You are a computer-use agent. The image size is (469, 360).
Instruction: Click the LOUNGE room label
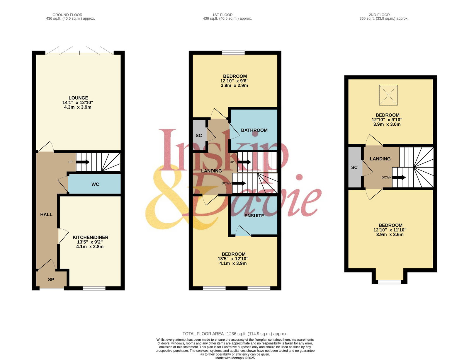pyautogui.click(x=78, y=98)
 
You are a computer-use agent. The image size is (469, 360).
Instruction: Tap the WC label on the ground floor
pyautogui.click(x=95, y=184)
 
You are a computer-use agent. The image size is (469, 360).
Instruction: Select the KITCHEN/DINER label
pyautogui.click(x=91, y=237)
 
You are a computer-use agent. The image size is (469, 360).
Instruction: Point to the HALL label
pyautogui.click(x=46, y=214)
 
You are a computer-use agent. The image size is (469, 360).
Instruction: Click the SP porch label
pyautogui.click(x=51, y=279)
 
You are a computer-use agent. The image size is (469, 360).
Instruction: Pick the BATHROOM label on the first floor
pyautogui.click(x=254, y=130)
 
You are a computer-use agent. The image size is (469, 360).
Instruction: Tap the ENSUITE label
pyautogui.click(x=254, y=216)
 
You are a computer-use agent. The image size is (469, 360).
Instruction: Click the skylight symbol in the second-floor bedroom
pyautogui.click(x=388, y=95)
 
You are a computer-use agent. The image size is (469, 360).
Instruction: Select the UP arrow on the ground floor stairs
pyautogui.click(x=83, y=162)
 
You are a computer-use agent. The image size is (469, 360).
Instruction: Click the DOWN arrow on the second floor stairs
pyautogui.click(x=399, y=178)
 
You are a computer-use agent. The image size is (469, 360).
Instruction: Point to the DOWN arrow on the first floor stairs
pyautogui.click(x=239, y=183)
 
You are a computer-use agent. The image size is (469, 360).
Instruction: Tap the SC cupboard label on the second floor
pyautogui.click(x=354, y=167)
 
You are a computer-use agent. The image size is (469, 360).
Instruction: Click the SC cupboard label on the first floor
pyautogui.click(x=198, y=135)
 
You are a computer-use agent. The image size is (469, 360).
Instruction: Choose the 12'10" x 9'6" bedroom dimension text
pyautogui.click(x=235, y=81)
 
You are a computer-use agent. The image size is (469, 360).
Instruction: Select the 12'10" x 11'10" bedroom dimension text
pyautogui.click(x=390, y=230)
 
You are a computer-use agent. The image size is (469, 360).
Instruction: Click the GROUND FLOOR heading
pyautogui.click(x=67, y=15)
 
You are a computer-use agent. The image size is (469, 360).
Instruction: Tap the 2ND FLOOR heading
pyautogui.click(x=379, y=15)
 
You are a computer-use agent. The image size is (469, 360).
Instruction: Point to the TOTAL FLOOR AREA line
pyautogui.click(x=235, y=334)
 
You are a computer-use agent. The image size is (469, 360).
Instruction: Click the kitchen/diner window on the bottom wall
pyautogui.click(x=94, y=288)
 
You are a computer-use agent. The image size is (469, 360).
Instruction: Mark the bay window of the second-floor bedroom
pyautogui.click(x=389, y=282)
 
